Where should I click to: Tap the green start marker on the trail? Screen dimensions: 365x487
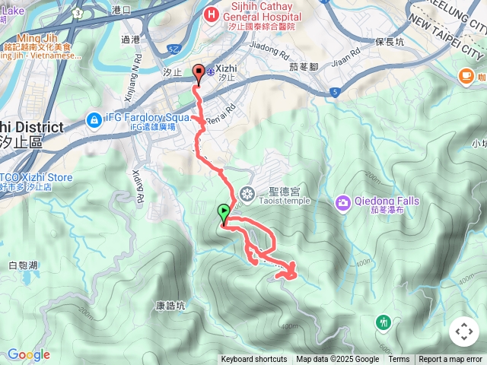(x=223, y=213)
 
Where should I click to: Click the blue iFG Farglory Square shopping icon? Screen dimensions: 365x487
(x=94, y=119)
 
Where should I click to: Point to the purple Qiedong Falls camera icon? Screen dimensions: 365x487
(x=343, y=202)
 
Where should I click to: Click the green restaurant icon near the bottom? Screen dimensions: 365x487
(x=384, y=322)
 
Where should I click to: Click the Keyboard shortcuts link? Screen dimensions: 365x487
(x=254, y=360)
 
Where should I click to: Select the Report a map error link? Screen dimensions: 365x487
(x=451, y=360)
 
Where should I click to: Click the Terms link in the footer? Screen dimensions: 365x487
(x=399, y=360)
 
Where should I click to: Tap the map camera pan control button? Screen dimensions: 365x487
(x=464, y=332)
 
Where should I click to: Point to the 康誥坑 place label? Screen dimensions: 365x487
(x=170, y=306)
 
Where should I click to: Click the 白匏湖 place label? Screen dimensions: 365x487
(x=23, y=265)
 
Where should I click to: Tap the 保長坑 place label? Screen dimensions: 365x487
(x=390, y=43)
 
